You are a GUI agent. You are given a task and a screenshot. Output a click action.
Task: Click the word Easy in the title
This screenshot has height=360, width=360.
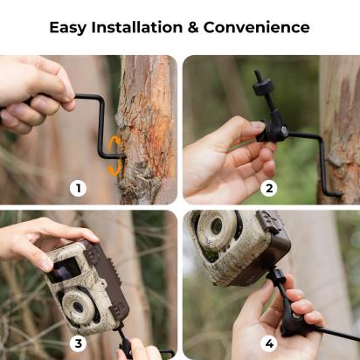tap(68, 27)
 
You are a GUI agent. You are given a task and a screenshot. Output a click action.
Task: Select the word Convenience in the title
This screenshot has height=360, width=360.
tap(260, 27)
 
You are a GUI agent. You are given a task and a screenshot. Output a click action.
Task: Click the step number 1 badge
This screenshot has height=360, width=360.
tap(79, 188)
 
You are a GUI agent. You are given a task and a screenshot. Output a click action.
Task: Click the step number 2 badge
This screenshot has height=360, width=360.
tap(268, 188)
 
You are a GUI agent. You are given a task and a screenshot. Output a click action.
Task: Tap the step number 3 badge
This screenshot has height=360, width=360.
tap(79, 343)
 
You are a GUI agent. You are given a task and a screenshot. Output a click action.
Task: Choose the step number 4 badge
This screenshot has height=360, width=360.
tap(268, 343)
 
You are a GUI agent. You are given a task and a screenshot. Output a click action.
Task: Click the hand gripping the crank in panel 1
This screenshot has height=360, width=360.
tap(35, 92)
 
